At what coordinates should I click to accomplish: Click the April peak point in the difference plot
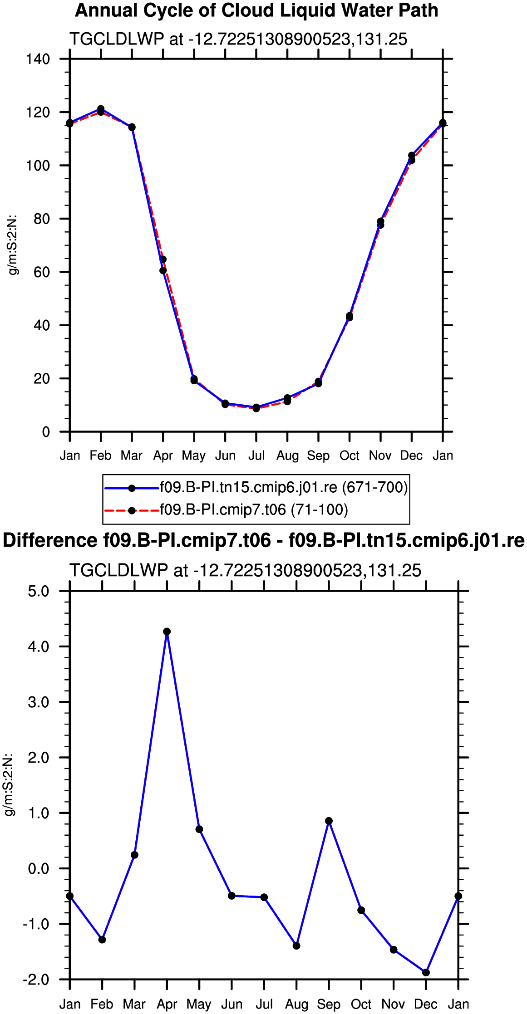tap(167, 632)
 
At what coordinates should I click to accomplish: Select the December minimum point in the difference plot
tap(426, 972)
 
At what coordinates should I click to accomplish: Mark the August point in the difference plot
tap(296, 945)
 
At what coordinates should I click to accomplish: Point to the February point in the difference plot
tap(102, 939)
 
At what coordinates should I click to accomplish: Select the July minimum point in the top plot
tap(256, 408)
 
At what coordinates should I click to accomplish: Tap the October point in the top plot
tap(350, 316)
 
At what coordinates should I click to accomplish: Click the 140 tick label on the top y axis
tap(39, 59)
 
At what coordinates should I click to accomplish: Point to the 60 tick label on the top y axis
tap(42, 272)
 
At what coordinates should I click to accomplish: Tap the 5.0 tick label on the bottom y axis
tap(39, 591)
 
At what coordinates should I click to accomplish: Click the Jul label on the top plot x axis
tap(256, 456)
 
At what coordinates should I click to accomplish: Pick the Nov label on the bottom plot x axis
tap(394, 1004)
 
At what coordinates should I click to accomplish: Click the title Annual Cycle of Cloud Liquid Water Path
tap(256, 10)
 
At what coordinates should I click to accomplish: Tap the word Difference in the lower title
tap(49, 541)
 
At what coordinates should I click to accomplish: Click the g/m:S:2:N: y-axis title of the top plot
tap(13, 245)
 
